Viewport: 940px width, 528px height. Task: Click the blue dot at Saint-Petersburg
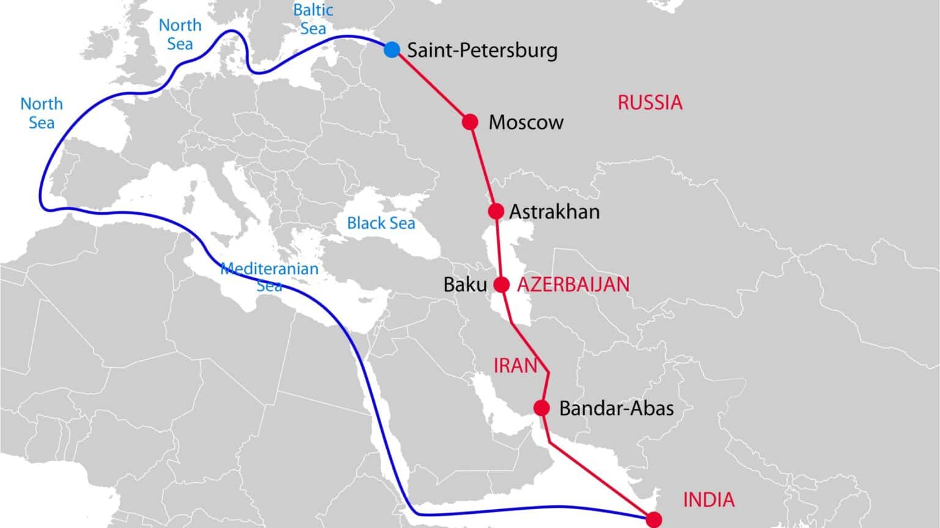tap(392, 50)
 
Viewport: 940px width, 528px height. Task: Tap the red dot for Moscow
tap(469, 122)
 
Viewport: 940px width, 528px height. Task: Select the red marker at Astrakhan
tap(496, 211)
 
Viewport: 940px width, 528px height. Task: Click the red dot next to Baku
tap(501, 284)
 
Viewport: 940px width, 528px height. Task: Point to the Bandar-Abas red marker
tap(541, 407)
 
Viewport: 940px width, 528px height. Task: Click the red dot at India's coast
tap(654, 520)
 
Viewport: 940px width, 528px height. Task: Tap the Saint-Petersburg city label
tap(482, 50)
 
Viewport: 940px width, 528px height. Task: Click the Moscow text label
tap(526, 122)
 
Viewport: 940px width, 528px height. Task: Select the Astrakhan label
tap(554, 212)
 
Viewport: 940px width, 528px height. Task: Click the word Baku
tap(465, 285)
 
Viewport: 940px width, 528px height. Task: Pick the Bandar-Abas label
tap(616, 409)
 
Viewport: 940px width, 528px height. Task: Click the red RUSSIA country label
tap(649, 102)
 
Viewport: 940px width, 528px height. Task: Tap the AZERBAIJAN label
tap(573, 284)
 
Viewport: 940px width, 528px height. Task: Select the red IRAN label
tap(515, 366)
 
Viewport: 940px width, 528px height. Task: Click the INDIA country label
tap(709, 500)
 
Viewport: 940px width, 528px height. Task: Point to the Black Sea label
tap(381, 223)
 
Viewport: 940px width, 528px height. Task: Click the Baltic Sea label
tap(313, 19)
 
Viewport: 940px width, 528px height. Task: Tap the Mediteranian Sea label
tap(269, 277)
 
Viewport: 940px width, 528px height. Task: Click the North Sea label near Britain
tap(180, 34)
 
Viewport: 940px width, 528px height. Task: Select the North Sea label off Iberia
tap(42, 113)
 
